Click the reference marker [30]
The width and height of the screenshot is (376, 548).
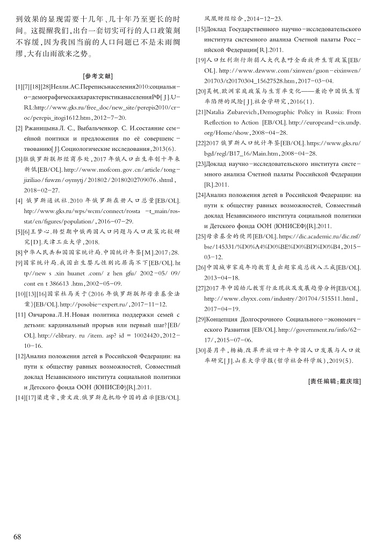(x=201, y=347)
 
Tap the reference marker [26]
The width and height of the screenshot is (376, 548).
(x=201, y=267)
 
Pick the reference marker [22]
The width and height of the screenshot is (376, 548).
(x=201, y=143)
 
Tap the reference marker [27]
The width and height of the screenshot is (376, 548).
(x=201, y=289)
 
